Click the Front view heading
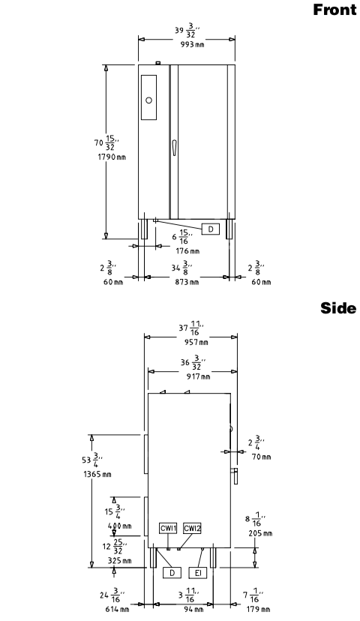[x=334, y=10]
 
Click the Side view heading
[x=338, y=307]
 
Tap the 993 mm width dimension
[x=193, y=44]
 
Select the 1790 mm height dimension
[x=112, y=157]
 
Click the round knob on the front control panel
[x=149, y=100]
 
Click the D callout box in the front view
[x=211, y=229]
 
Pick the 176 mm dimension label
[x=187, y=251]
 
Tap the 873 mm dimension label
[x=187, y=282]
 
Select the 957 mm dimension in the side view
[x=196, y=342]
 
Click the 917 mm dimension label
[x=199, y=376]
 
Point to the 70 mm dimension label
[x=262, y=457]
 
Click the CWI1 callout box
[x=168, y=528]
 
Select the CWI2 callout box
[x=193, y=528]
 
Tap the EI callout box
[x=198, y=572]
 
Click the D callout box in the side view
[x=172, y=572]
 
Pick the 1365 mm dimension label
[x=97, y=474]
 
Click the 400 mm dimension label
[x=119, y=526]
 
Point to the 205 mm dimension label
[x=260, y=533]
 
